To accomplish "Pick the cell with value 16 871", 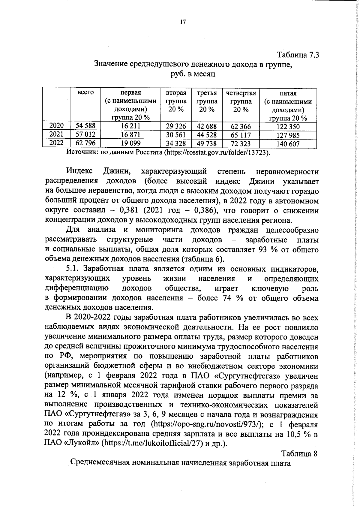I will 131,135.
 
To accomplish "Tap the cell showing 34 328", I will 176,143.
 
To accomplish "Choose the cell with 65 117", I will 241,135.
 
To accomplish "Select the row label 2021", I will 56,134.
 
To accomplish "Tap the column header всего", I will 85,93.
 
